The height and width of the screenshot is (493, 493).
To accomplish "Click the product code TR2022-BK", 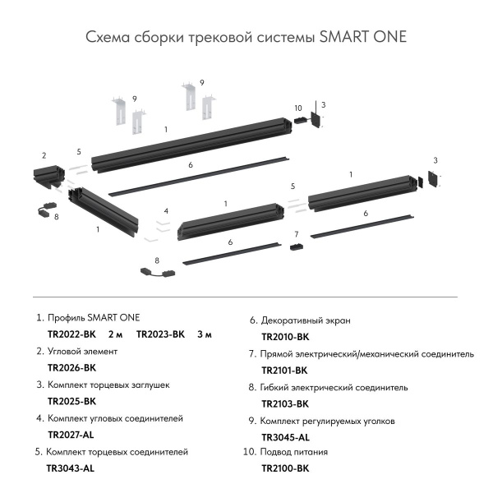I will click(x=72, y=334).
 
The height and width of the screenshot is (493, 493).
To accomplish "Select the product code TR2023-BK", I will click(x=161, y=334).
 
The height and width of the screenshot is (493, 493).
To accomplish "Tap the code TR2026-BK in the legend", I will click(x=72, y=368).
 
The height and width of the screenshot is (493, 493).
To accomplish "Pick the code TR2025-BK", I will click(x=72, y=402).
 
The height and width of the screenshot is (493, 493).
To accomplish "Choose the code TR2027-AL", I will click(x=71, y=435).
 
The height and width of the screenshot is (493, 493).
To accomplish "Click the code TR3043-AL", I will click(x=71, y=468).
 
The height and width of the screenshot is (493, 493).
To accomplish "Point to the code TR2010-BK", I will click(x=285, y=337).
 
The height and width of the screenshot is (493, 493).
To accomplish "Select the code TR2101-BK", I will click(x=285, y=371).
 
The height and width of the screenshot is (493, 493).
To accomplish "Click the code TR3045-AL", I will click(x=285, y=437).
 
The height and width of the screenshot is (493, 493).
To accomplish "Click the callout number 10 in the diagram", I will click(x=297, y=108).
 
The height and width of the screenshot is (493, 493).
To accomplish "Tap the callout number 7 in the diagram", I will click(x=296, y=235).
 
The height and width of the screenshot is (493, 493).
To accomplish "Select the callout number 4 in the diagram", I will click(x=165, y=211).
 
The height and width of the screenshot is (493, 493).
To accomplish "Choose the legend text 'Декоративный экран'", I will click(x=306, y=320).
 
